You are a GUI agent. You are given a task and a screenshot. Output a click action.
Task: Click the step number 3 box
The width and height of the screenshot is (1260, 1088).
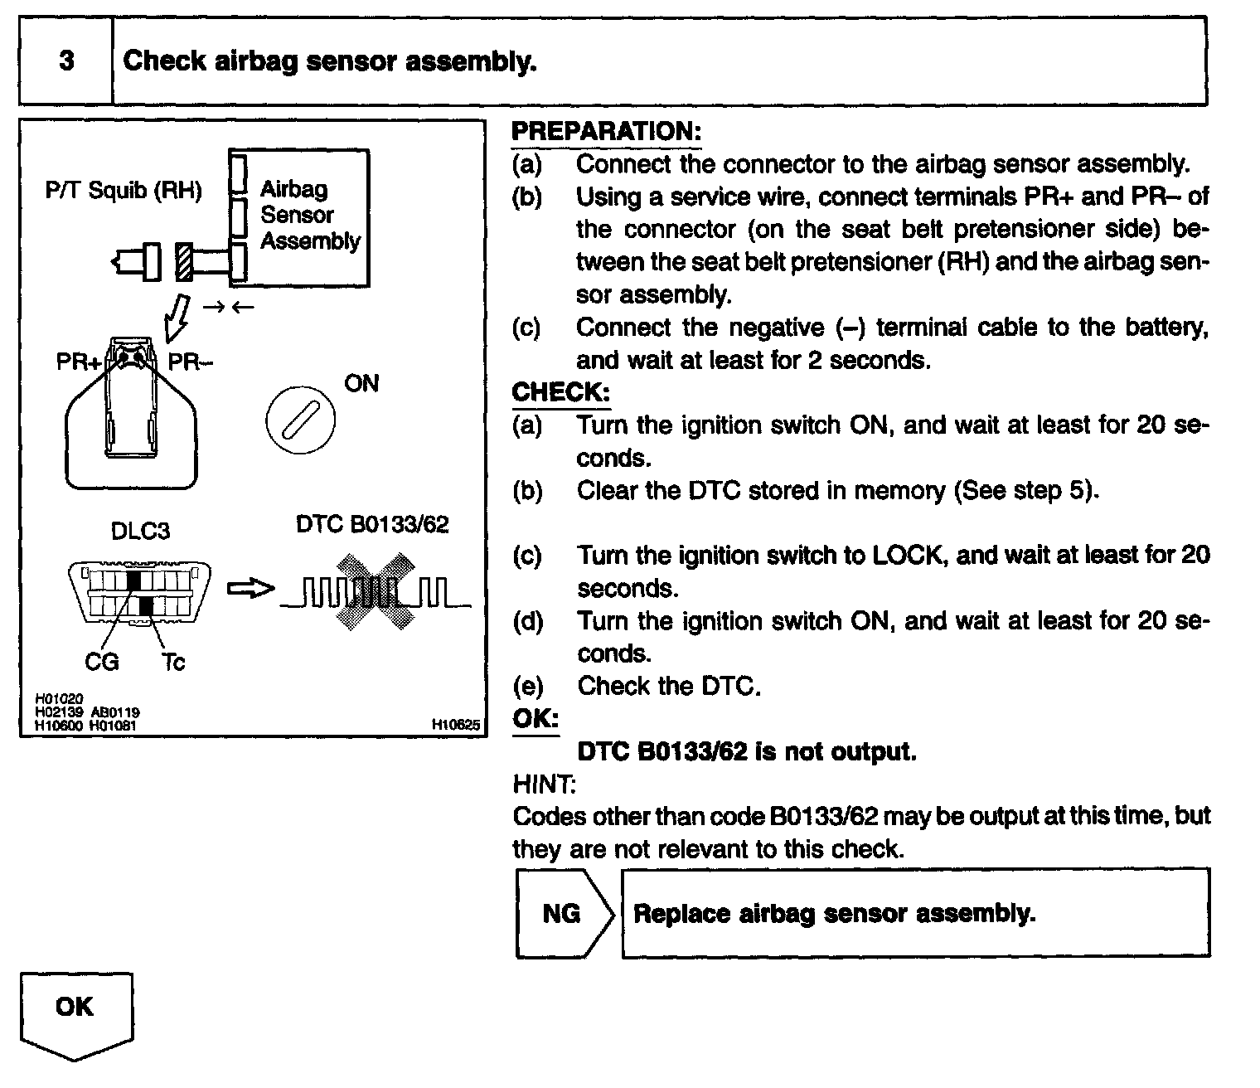tap(66, 61)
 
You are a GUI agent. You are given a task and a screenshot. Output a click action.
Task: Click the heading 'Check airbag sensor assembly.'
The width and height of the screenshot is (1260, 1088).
tap(330, 61)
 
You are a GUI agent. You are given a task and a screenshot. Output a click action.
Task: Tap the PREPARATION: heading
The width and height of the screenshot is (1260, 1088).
tap(606, 131)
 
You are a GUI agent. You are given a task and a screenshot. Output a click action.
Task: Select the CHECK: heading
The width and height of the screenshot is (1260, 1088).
tap(560, 391)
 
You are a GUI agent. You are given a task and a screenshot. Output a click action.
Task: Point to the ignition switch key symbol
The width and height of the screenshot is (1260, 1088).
tap(300, 418)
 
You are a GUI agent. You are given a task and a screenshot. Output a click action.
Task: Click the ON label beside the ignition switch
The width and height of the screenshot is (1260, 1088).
tap(361, 383)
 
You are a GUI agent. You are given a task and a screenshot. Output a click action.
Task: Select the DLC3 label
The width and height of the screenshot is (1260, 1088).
tap(140, 531)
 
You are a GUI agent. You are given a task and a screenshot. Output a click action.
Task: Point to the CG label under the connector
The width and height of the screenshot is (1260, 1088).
tap(102, 662)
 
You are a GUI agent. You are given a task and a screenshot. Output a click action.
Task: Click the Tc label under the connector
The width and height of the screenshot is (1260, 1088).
tap(172, 662)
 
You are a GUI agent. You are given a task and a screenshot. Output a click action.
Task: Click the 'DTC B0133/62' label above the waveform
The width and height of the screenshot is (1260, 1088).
tap(372, 525)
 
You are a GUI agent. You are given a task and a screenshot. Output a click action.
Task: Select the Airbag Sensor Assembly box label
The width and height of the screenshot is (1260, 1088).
tap(309, 215)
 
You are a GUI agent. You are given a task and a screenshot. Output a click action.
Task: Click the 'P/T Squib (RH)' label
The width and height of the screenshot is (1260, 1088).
tap(124, 191)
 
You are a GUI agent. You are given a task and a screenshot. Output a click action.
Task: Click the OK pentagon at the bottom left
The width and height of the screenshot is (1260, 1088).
tap(75, 1012)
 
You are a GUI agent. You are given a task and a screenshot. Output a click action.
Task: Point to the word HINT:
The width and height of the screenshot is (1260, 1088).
tap(544, 783)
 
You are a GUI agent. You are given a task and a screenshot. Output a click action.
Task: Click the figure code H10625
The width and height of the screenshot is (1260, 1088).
tap(456, 725)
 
